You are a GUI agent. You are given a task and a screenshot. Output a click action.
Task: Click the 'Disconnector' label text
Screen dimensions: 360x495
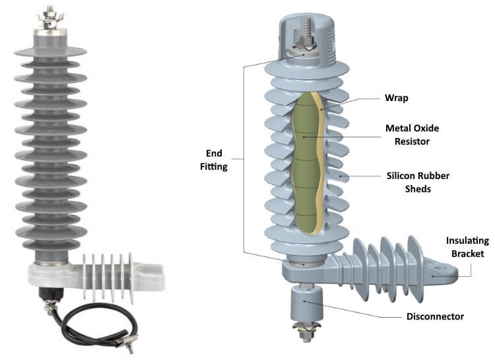(x=435, y=316)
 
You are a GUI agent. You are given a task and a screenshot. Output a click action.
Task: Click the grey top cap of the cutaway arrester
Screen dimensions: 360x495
(x=305, y=20)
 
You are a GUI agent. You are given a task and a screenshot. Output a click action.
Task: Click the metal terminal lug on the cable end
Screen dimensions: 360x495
(x=122, y=342)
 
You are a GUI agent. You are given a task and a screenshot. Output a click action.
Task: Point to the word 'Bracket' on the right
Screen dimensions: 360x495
(x=466, y=254)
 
